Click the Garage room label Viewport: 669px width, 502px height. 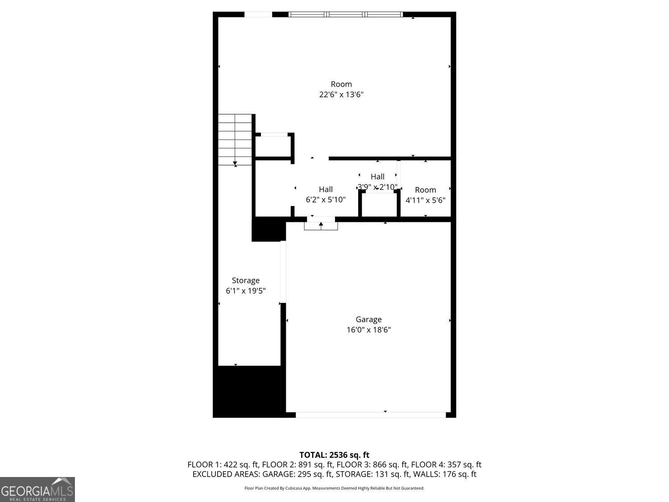click(368, 319)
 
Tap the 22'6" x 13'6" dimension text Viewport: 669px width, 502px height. click(341, 95)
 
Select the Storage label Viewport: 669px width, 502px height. click(245, 281)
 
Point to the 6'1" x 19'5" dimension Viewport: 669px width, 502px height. click(246, 291)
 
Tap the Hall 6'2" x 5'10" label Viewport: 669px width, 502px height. click(326, 195)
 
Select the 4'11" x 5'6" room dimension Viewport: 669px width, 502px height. click(425, 200)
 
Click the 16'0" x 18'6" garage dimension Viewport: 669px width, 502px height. click(368, 330)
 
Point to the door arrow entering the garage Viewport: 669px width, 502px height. click(321, 224)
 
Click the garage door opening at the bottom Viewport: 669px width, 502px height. click(370, 415)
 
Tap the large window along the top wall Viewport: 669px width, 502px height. click(346, 14)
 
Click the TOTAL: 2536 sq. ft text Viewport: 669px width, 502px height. click(334, 455)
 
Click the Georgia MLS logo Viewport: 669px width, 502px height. click(37, 490)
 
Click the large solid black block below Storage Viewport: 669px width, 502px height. click(248, 391)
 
